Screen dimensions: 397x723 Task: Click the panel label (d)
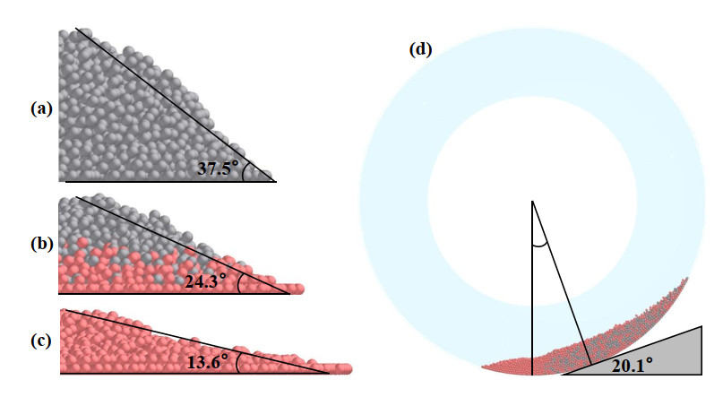tap(420, 49)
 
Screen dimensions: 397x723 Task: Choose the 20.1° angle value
tap(632, 365)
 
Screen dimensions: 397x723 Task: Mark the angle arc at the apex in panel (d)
tap(538, 242)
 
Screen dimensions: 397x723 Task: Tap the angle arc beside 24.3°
tap(240, 283)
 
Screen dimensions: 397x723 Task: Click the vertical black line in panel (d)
tap(532, 296)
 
